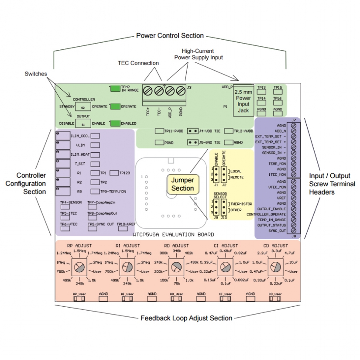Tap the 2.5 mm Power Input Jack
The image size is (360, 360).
click(243, 101)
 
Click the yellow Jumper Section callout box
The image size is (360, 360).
click(182, 184)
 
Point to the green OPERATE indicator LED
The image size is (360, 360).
click(115, 106)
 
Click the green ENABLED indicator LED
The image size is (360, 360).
click(115, 123)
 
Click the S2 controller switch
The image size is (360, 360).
click(83, 107)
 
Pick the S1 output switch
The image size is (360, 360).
click(83, 124)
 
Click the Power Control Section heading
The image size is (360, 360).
click(170, 35)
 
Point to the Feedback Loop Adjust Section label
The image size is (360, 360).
click(186, 318)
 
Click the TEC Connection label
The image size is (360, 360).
click(138, 63)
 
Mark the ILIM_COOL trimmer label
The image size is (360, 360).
click(79, 136)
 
